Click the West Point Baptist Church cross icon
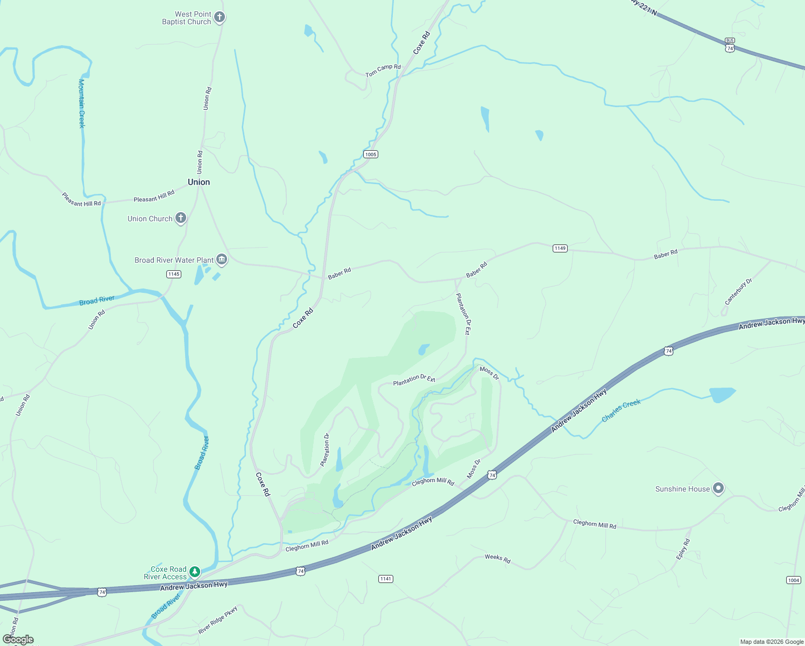tap(220, 17)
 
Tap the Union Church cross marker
tap(181, 218)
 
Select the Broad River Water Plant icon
tap(222, 260)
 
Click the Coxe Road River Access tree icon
tap(195, 572)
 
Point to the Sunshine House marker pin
tap(718, 488)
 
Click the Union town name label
tap(199, 182)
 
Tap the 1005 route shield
tap(371, 155)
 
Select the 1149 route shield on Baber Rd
tap(560, 248)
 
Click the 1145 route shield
tap(173, 274)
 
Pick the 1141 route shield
tap(385, 579)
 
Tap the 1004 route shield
tap(793, 580)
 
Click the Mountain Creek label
tap(82, 103)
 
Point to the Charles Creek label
tap(621, 410)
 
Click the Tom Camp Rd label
tap(383, 71)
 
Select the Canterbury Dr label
tap(738, 291)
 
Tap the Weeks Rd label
tap(497, 558)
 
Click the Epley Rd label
tap(683, 549)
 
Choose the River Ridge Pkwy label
tap(217, 620)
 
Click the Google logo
tap(18, 640)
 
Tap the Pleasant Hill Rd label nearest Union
tap(154, 196)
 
